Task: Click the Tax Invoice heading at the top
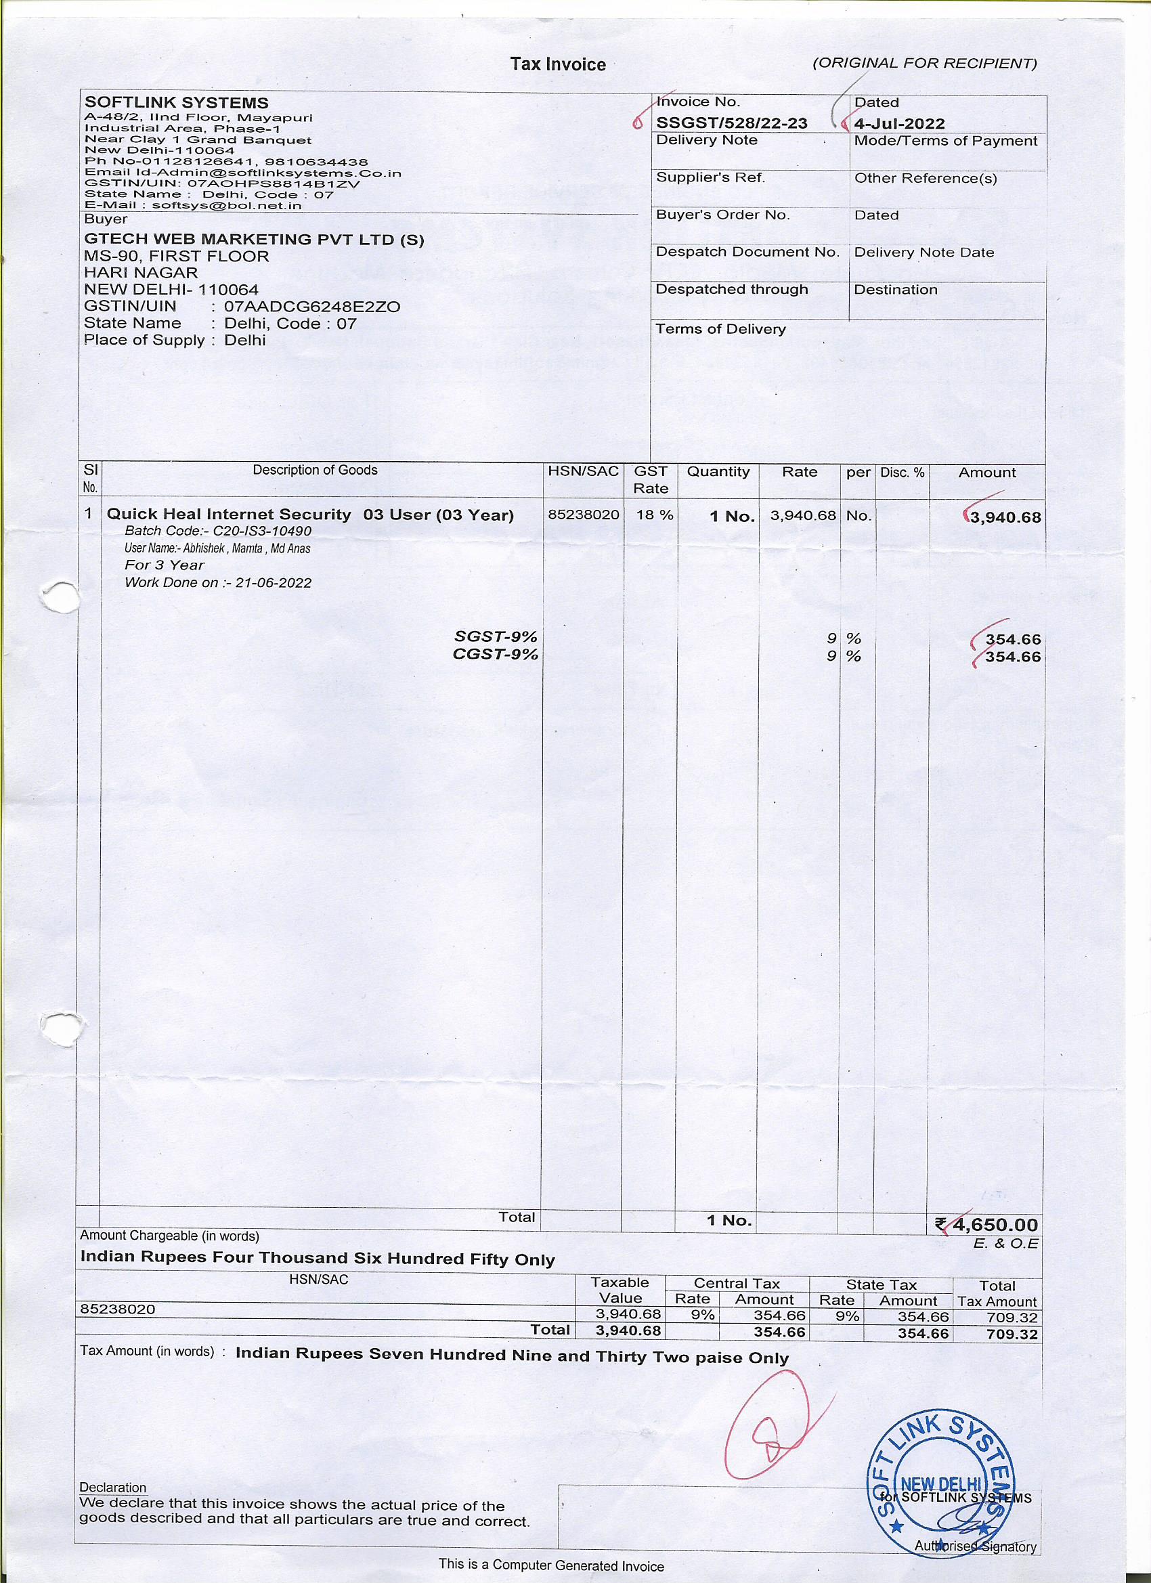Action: [558, 65]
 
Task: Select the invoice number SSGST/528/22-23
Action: [731, 123]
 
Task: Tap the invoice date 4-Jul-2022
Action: [900, 124]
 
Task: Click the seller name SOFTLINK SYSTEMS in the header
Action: [176, 103]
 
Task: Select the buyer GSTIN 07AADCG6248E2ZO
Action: [312, 307]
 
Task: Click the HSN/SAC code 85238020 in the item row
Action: [584, 515]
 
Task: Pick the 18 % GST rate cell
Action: [654, 515]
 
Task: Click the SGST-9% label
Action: [496, 636]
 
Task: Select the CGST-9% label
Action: [496, 655]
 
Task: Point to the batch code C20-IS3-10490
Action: [263, 531]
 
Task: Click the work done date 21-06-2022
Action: [273, 583]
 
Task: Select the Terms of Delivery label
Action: [720, 330]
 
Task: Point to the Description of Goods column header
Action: [315, 471]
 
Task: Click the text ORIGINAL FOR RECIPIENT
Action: [924, 64]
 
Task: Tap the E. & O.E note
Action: [1005, 1244]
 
